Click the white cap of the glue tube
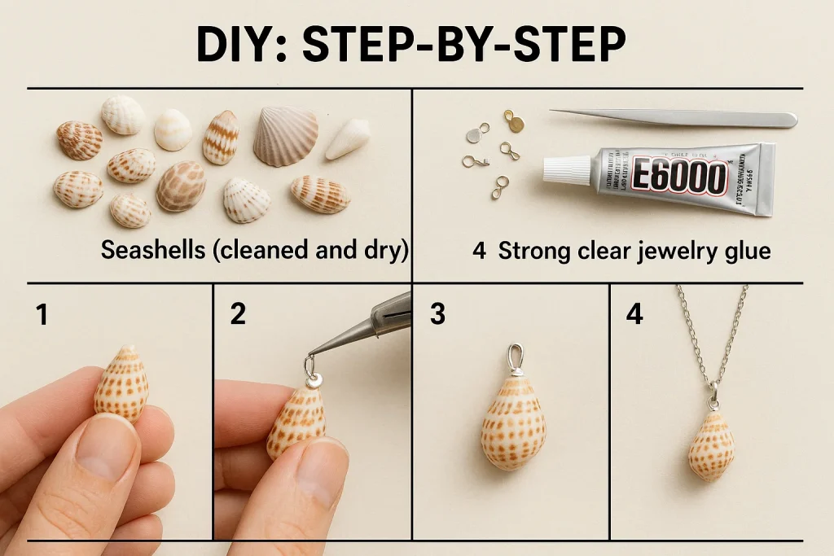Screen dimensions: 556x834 567,169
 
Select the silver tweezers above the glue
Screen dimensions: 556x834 676,118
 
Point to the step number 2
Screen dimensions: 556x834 237,314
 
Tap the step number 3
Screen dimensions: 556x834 437,314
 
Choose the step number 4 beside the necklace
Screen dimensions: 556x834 634,314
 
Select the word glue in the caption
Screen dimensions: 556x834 743,251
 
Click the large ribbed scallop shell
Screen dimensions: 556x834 285,136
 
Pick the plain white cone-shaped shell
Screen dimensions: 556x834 348,139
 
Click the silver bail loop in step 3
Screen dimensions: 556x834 515,357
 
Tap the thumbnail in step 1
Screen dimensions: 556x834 106,446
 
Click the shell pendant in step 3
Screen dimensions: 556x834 513,419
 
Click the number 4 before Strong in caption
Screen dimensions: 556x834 479,251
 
